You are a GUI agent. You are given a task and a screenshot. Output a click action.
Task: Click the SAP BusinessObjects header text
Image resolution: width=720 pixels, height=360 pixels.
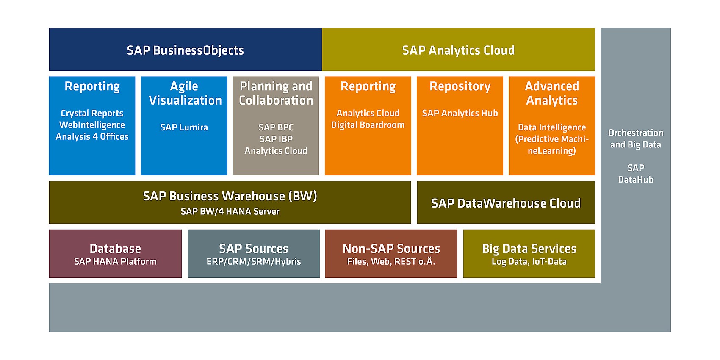(x=185, y=50)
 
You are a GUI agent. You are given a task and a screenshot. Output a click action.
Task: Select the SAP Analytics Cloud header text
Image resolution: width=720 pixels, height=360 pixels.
(x=458, y=50)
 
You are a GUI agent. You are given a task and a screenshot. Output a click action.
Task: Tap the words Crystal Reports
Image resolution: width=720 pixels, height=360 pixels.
(x=92, y=114)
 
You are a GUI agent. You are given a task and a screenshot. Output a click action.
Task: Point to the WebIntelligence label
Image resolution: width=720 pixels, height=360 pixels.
(x=92, y=125)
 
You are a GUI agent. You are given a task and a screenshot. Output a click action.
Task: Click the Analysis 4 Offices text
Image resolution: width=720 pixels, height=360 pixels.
(x=92, y=137)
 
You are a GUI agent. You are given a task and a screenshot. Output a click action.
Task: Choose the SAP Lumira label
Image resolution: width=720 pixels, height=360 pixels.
(x=184, y=127)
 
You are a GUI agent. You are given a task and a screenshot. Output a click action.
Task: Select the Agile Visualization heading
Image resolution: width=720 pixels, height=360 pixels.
(x=185, y=93)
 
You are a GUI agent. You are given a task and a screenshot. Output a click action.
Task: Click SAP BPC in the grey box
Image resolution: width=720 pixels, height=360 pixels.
(x=276, y=127)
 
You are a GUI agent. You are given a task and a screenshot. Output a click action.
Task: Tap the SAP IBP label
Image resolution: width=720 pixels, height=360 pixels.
(x=276, y=139)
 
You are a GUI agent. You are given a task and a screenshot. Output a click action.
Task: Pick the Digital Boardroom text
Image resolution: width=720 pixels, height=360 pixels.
(x=368, y=125)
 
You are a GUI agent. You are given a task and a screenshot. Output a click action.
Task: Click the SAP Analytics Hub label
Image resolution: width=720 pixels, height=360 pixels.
(x=460, y=114)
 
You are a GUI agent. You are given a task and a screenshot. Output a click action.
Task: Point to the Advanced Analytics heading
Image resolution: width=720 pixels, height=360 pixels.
(x=551, y=93)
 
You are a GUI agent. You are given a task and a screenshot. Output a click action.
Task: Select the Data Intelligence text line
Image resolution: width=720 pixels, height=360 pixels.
(x=551, y=127)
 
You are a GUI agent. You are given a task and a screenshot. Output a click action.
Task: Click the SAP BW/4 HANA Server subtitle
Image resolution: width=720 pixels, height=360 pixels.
(x=230, y=211)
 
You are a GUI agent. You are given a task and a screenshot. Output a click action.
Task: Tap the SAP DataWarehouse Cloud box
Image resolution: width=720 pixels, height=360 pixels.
(x=506, y=202)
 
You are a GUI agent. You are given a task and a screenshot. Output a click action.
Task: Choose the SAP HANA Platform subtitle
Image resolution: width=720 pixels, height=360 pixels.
(x=115, y=262)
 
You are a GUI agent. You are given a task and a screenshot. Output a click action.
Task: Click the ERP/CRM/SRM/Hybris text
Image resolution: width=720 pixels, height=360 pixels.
(x=254, y=262)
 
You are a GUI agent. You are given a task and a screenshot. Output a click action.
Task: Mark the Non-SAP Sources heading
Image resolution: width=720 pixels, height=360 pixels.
(x=391, y=249)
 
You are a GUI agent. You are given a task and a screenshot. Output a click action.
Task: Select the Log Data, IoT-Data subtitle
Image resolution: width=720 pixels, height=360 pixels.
(x=529, y=262)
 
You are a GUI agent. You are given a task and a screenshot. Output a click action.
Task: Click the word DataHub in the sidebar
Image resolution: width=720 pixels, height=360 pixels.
(x=635, y=180)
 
